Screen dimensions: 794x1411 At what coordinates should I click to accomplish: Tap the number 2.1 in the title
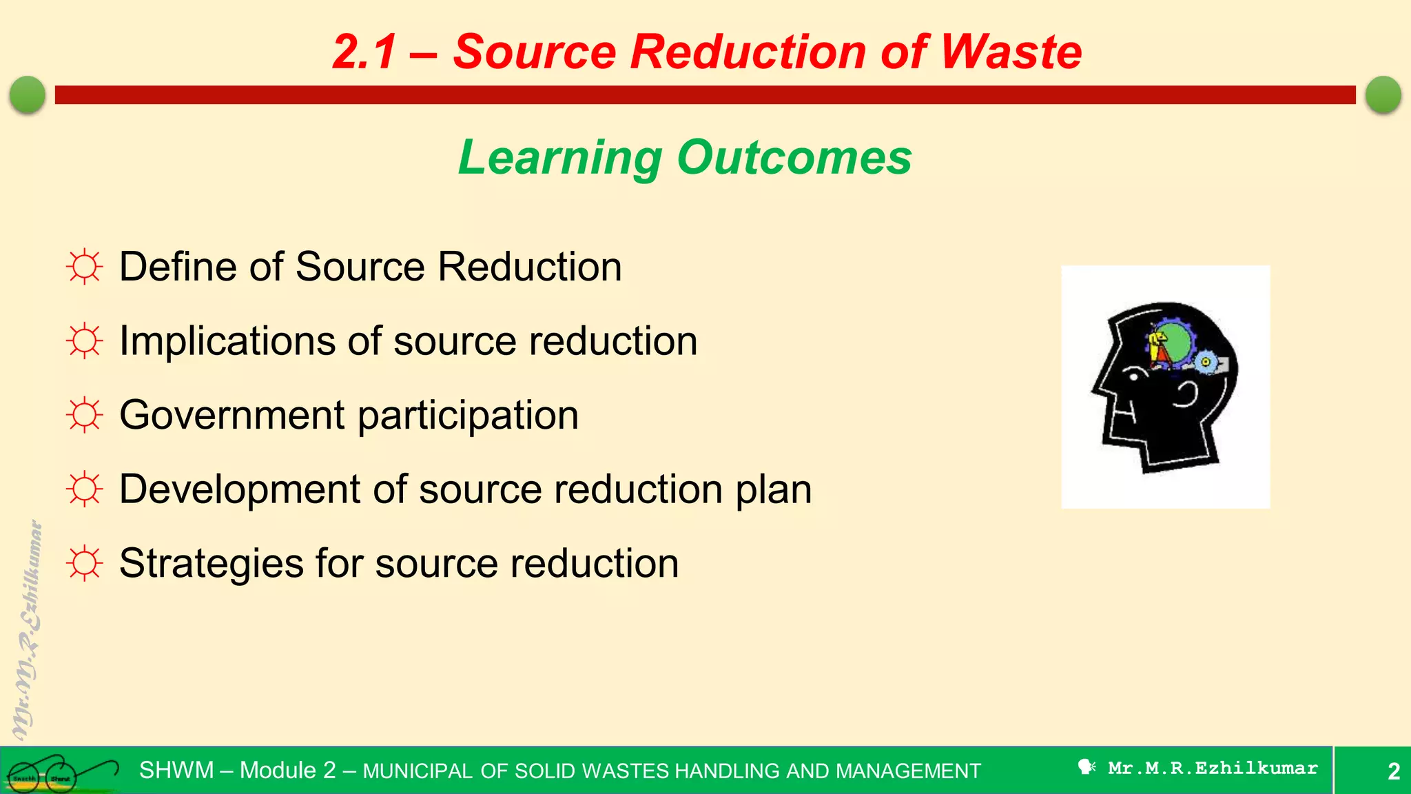[x=365, y=52]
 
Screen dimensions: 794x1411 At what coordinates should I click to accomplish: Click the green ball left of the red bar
[x=28, y=94]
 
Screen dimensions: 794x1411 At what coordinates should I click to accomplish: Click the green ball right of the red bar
[x=1383, y=94]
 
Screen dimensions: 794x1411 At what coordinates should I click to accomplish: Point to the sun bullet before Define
[x=85, y=267]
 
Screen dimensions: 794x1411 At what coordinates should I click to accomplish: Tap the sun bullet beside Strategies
[x=85, y=563]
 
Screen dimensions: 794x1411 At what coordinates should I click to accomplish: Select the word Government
[x=232, y=415]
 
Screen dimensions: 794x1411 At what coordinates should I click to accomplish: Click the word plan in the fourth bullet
[x=774, y=490]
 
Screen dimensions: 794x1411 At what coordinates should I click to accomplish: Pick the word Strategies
[x=211, y=564]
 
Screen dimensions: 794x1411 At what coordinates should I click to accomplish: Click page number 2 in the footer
[x=1393, y=771]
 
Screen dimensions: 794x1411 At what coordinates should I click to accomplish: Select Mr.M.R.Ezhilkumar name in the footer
[x=1213, y=768]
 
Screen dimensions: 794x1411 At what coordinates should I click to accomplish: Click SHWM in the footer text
[x=176, y=770]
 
